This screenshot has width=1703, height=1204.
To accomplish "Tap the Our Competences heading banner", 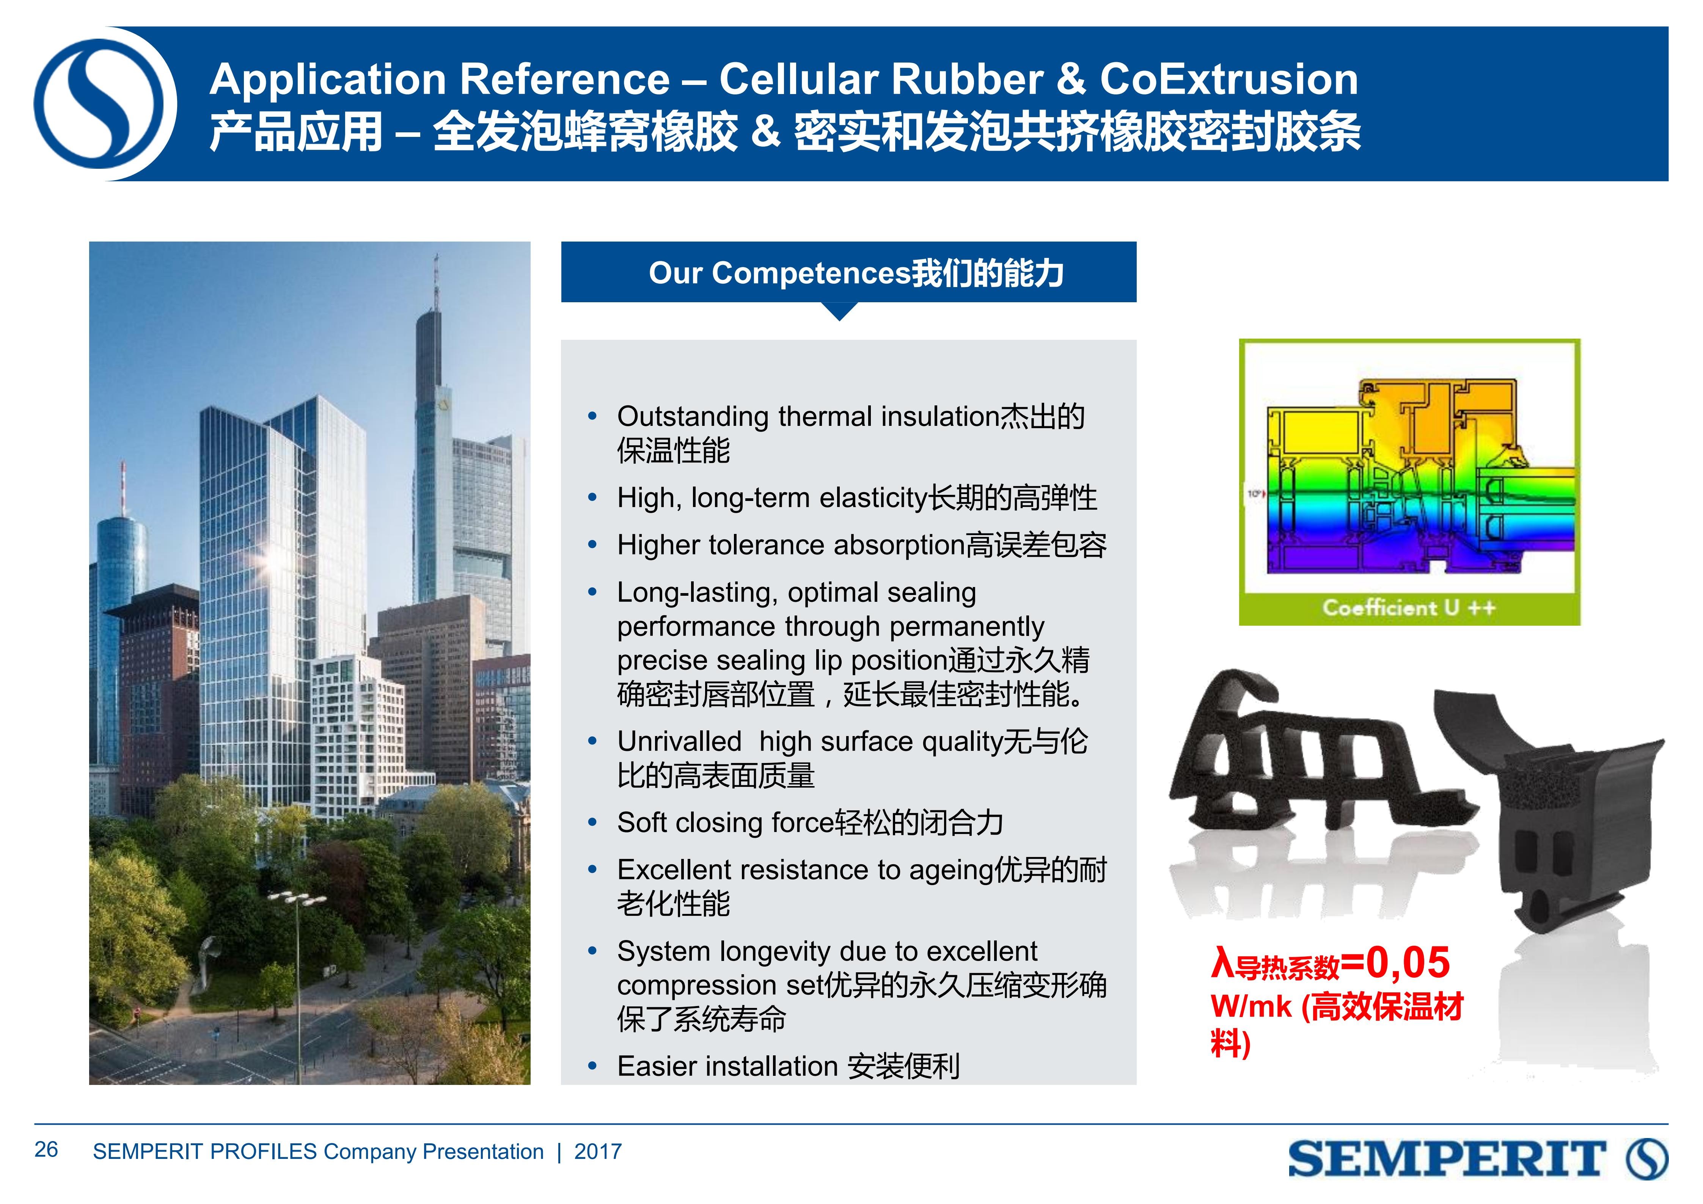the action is point(848,272).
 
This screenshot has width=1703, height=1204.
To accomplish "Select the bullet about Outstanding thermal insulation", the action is point(851,433).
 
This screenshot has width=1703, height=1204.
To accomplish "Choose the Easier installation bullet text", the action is point(789,1066).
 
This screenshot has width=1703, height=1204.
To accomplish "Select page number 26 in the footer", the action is point(46,1150).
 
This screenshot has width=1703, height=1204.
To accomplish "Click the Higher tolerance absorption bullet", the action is point(862,545).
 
